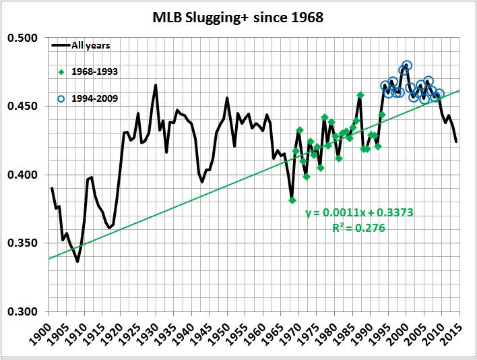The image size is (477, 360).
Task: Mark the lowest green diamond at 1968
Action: (292, 200)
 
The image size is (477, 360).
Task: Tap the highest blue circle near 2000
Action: (407, 65)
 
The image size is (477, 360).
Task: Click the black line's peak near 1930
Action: (156, 85)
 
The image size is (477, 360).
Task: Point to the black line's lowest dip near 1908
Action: (77, 261)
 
